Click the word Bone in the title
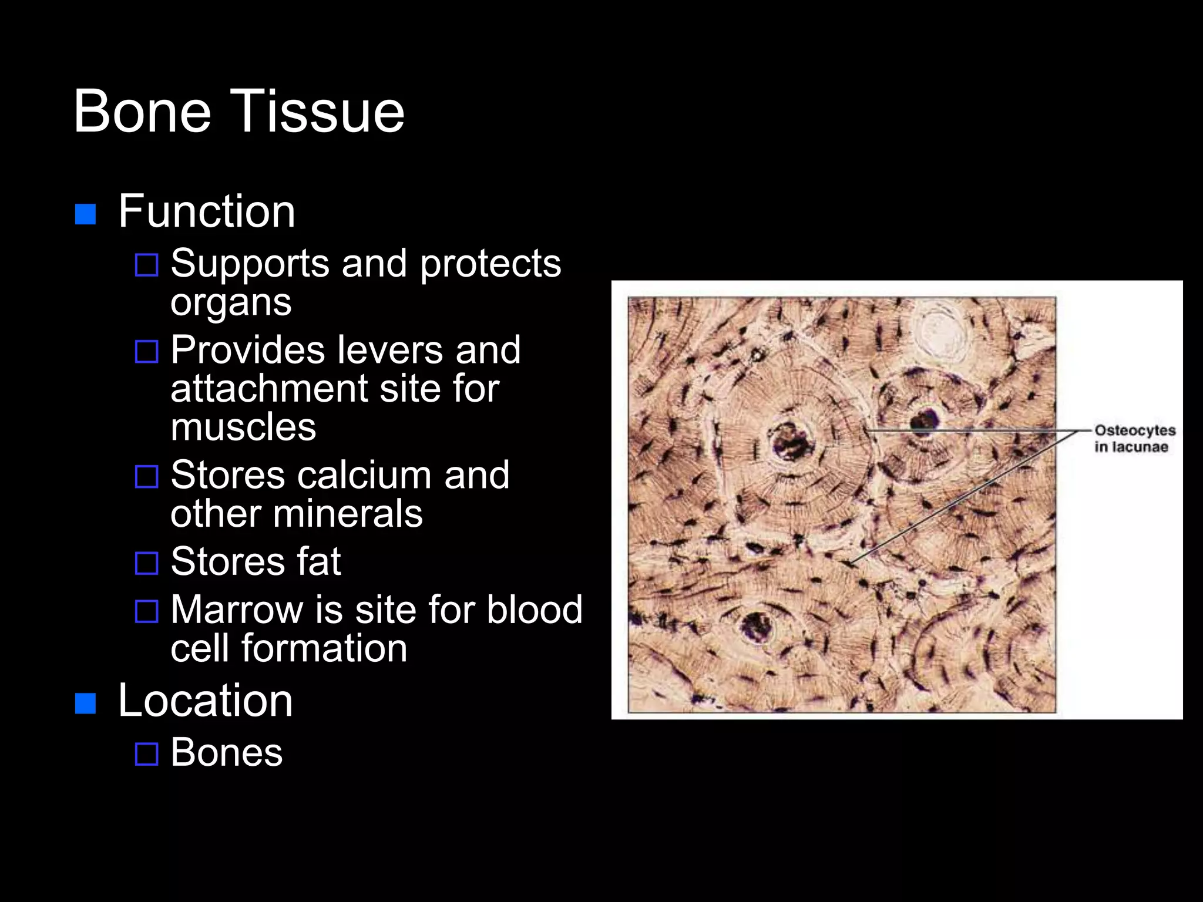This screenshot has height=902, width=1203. [x=142, y=111]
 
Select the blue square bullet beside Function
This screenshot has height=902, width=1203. [x=86, y=214]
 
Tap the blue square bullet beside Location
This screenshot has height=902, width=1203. [x=86, y=703]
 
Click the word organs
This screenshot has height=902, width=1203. [x=231, y=302]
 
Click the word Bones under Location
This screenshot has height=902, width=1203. [x=226, y=752]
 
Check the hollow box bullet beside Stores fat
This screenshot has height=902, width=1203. [x=146, y=563]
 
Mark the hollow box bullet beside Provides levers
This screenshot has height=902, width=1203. [x=146, y=352]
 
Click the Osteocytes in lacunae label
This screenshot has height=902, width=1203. [x=1134, y=439]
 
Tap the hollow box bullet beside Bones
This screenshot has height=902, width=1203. [x=146, y=754]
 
